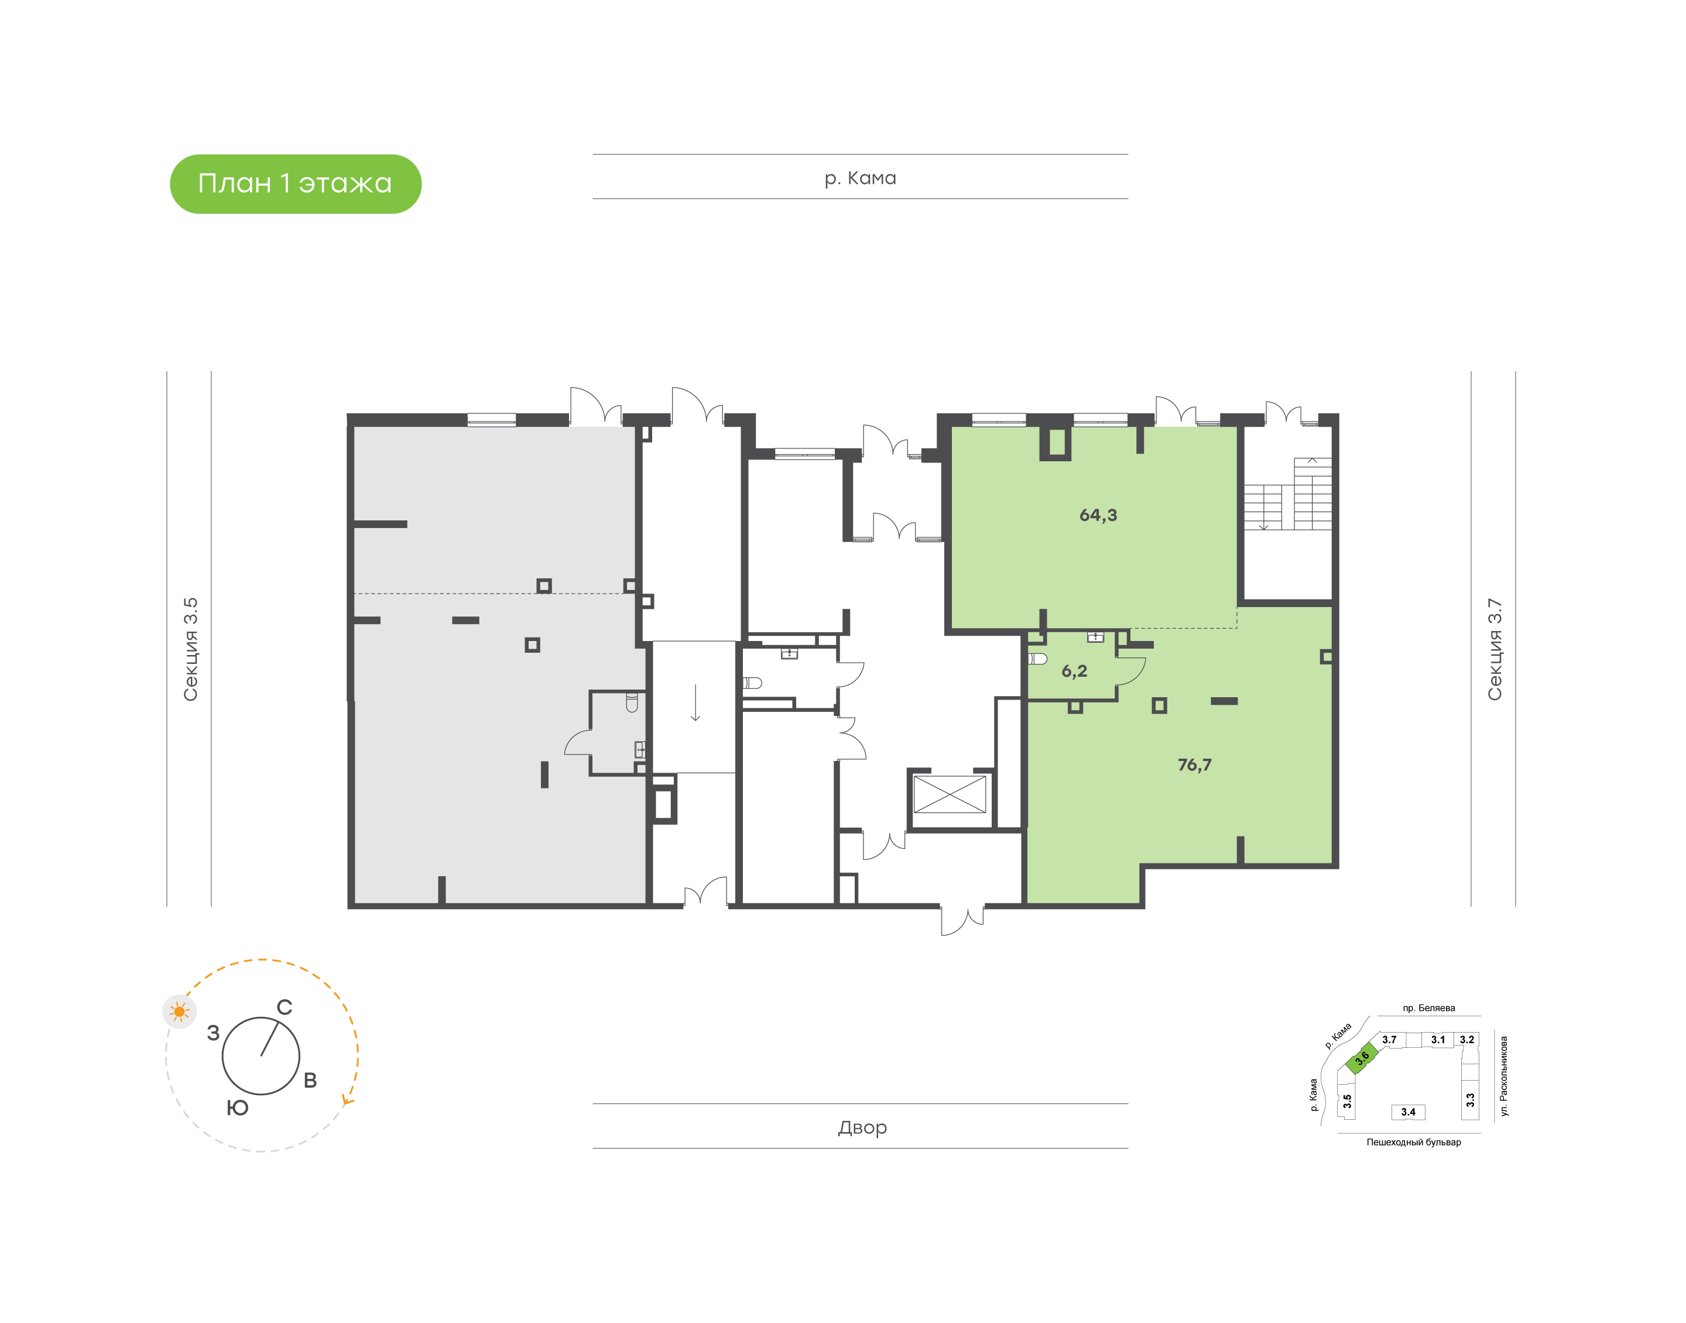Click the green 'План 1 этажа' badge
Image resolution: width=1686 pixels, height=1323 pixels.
(x=295, y=184)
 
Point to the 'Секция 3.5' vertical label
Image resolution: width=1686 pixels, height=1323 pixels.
(x=190, y=649)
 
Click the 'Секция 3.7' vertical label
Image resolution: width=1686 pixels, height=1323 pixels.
(x=1494, y=649)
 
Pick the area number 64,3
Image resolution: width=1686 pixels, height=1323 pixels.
(x=1098, y=515)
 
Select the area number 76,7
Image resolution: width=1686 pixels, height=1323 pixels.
(x=1194, y=765)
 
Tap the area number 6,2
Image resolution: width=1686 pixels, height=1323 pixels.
(x=1074, y=671)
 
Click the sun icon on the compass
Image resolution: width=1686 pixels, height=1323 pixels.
(x=180, y=1011)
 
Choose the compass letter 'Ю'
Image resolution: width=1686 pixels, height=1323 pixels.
(x=238, y=1108)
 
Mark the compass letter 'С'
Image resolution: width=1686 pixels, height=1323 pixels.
(x=285, y=1007)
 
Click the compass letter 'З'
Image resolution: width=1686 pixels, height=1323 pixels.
(x=214, y=1033)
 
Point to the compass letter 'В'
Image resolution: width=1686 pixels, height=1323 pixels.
(x=310, y=1080)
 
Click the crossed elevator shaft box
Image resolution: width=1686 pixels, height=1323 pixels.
(x=950, y=795)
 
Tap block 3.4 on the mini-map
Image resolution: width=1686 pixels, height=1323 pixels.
(x=1408, y=1112)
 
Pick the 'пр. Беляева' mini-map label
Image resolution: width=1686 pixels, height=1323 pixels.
(x=1429, y=1007)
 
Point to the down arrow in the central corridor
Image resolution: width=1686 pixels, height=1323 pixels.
(x=695, y=702)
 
